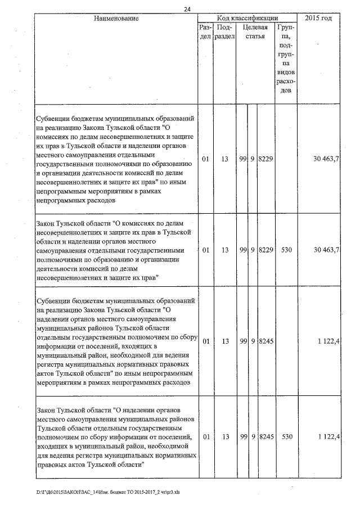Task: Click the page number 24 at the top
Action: [x=187, y=8]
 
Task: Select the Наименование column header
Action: [x=116, y=19]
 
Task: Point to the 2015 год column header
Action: [x=318, y=19]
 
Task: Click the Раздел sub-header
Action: [x=205, y=31]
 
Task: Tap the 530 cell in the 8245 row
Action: [x=286, y=436]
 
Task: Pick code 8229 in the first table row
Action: [x=265, y=160]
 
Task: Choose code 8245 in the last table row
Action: [x=265, y=436]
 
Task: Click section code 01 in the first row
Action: [x=205, y=160]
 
